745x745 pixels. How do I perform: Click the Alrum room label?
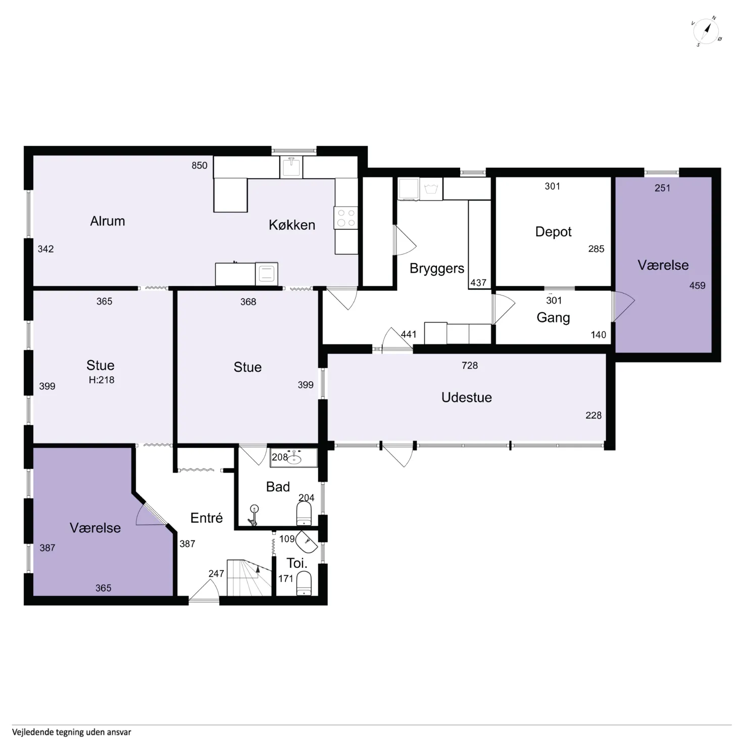[108, 221]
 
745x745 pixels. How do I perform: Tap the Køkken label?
[292, 225]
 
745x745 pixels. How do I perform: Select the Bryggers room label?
[437, 268]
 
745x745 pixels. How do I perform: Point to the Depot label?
[554, 232]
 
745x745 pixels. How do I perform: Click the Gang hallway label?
[554, 318]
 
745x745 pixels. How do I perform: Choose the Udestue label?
[467, 398]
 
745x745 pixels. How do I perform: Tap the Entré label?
[207, 518]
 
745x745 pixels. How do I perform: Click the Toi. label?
[297, 563]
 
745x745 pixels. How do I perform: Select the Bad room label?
[278, 487]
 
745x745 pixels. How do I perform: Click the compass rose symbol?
[706, 31]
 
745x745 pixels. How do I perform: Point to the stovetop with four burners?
[346, 218]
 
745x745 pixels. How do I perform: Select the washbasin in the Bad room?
[293, 458]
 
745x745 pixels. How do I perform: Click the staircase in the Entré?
[249, 578]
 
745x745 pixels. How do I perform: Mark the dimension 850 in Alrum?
[200, 165]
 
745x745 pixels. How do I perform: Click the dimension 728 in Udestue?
[470, 365]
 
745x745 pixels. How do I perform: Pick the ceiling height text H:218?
[102, 380]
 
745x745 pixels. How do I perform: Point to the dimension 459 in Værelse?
[698, 285]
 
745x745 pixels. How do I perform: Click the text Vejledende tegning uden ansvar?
[72, 732]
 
